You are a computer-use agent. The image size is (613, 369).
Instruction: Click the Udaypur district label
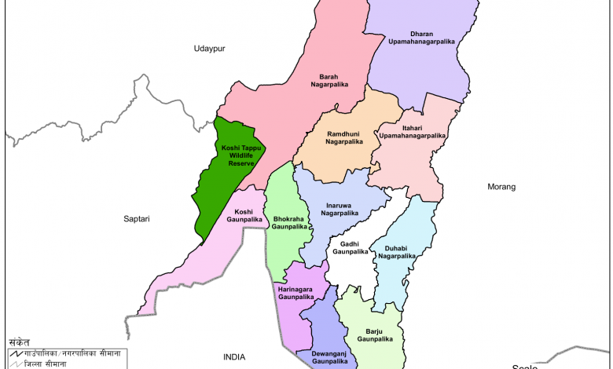click(x=210, y=49)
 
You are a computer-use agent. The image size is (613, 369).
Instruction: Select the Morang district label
click(x=501, y=187)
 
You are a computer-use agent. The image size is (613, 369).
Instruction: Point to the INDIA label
click(x=233, y=357)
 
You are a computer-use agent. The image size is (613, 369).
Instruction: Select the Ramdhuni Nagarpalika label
click(x=344, y=137)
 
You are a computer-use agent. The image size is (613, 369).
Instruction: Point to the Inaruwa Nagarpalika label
click(x=340, y=209)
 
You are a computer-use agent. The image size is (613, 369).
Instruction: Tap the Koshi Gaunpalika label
click(x=244, y=216)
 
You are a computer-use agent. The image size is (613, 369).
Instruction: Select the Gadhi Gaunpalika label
click(x=350, y=247)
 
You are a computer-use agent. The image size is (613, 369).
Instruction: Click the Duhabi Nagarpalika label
click(x=397, y=251)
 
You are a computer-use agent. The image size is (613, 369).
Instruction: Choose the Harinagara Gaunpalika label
click(x=296, y=293)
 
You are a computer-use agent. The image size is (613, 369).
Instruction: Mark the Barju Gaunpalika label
click(x=369, y=335)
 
